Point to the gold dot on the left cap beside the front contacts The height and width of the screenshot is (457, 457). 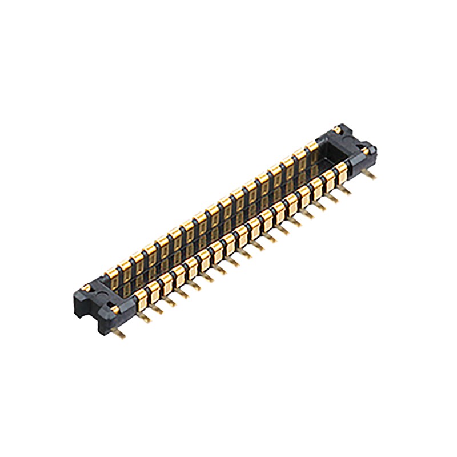117,309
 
